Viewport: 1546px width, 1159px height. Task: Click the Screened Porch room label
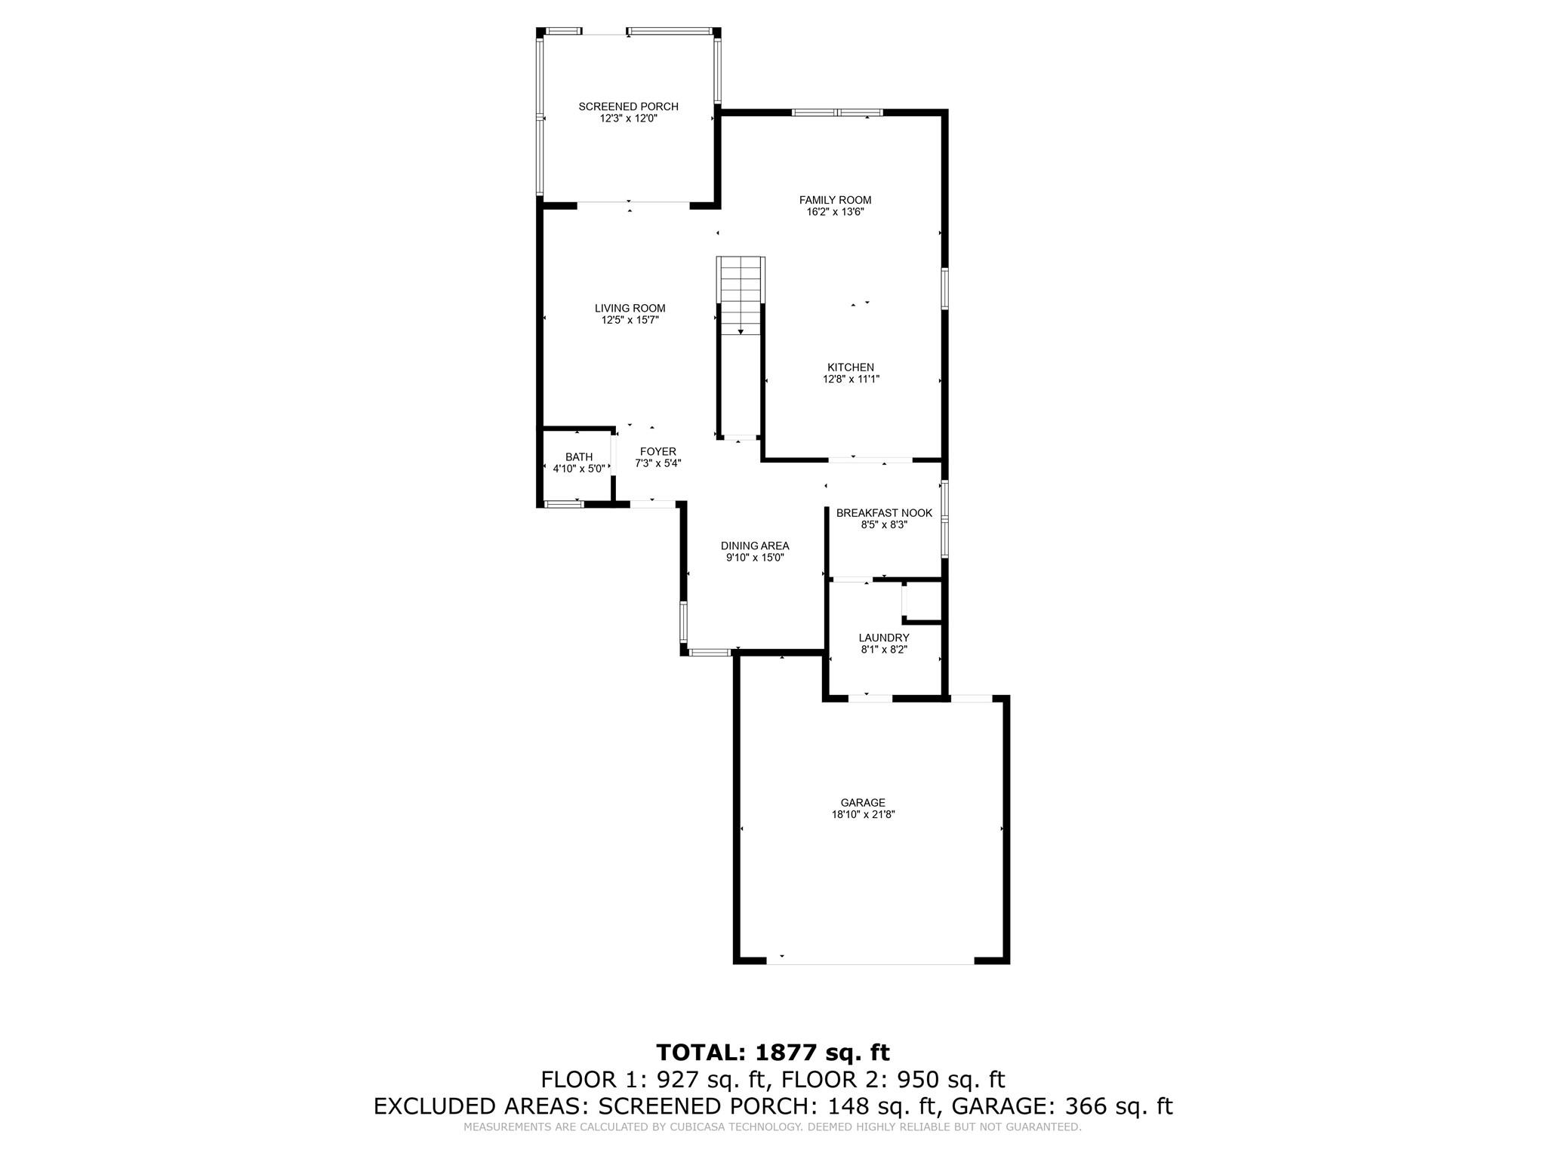coord(628,106)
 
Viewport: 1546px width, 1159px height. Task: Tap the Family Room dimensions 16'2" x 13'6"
coord(835,212)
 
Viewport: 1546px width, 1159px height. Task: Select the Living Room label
coord(630,308)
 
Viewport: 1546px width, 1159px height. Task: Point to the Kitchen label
coord(851,367)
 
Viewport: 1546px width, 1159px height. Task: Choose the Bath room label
coord(579,457)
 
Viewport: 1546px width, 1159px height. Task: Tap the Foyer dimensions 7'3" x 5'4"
coord(658,463)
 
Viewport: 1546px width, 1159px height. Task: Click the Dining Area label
coord(755,546)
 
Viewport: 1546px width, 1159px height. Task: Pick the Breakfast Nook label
coord(884,513)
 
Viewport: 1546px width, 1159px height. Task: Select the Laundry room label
coord(884,638)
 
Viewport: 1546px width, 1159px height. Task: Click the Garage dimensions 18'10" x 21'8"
coord(863,815)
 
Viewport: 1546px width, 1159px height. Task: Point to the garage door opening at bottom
coord(870,964)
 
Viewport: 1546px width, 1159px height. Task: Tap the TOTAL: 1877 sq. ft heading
coord(773,1052)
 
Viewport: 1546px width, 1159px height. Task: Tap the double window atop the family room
coord(837,112)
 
